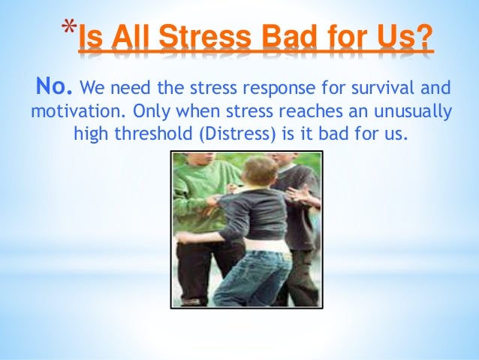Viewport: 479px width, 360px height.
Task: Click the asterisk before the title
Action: (x=68, y=28)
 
